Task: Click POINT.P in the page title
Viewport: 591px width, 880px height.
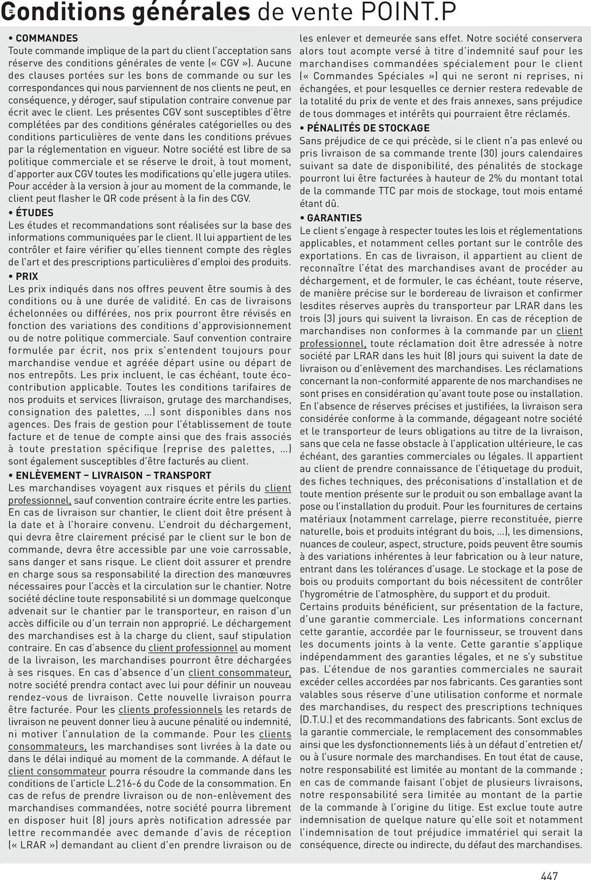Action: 408,12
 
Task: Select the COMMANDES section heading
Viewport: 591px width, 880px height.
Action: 47,38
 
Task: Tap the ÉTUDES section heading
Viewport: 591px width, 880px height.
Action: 34,213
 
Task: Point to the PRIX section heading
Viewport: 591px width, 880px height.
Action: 27,276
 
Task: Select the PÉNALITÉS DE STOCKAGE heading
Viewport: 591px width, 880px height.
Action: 368,128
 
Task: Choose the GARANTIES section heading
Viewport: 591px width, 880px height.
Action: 334,218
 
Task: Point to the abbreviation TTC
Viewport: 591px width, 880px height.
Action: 389,191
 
